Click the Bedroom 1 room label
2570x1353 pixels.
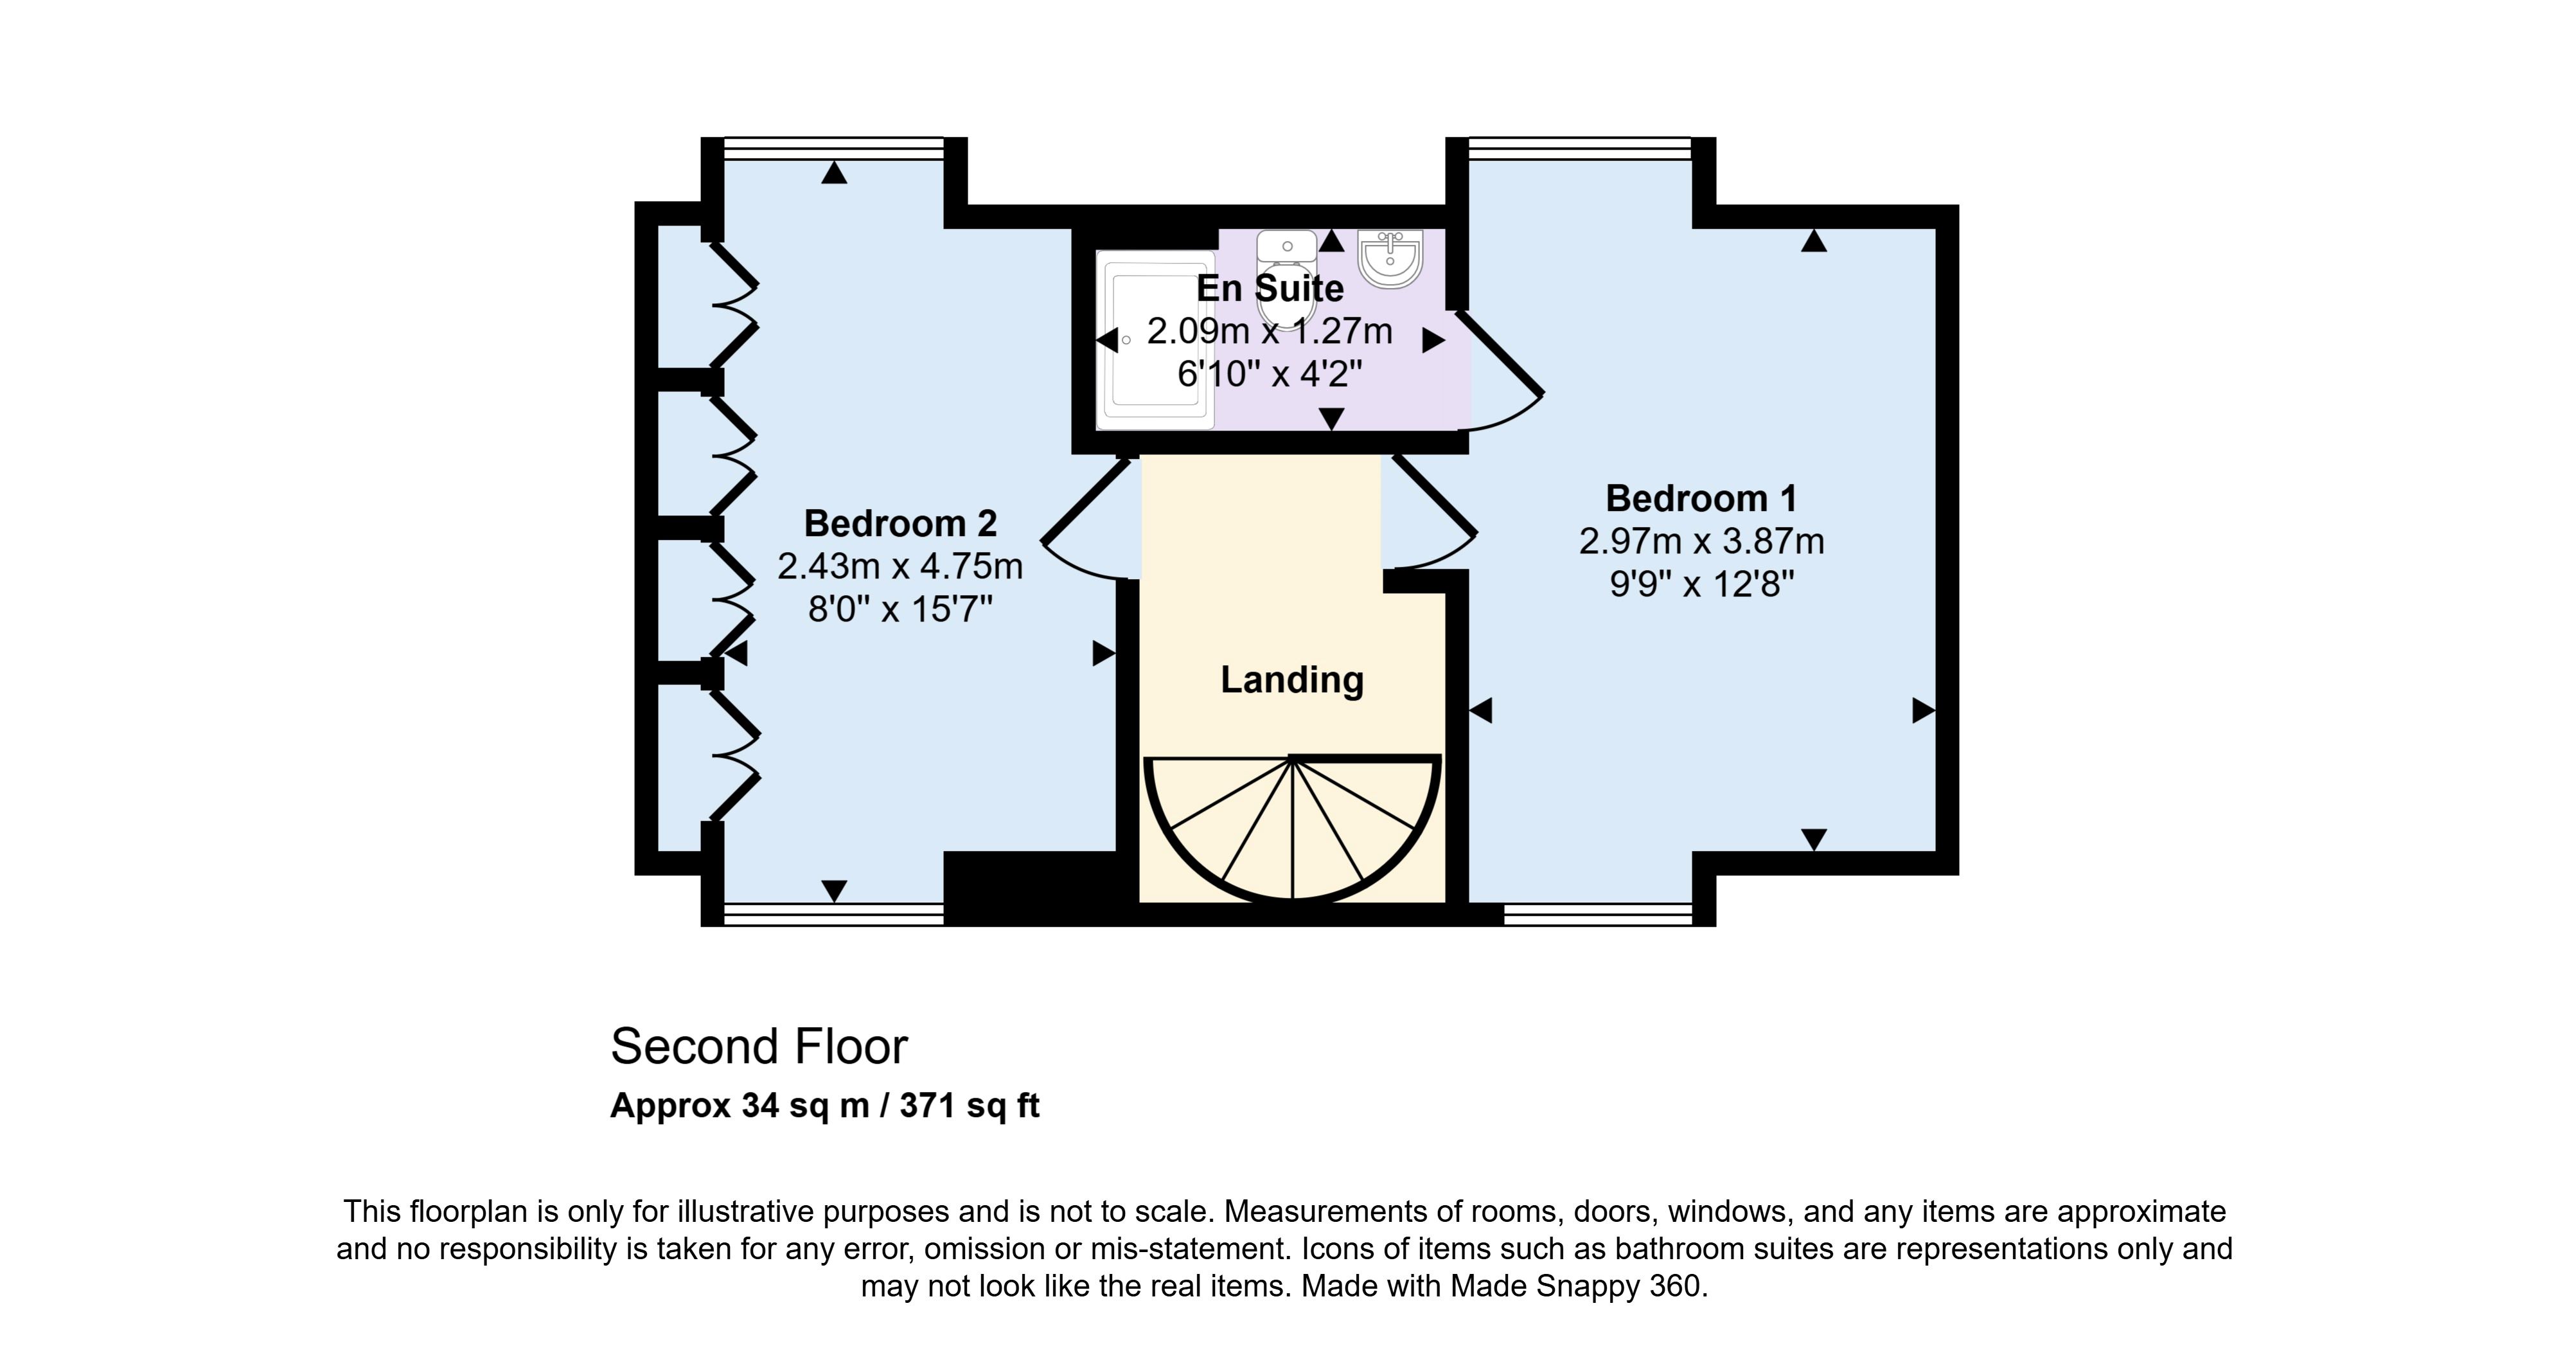point(1701,498)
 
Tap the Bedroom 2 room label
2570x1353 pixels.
point(900,523)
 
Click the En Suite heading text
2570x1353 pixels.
point(1270,289)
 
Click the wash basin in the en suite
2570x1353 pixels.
point(1390,258)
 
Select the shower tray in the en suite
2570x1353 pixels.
point(1155,340)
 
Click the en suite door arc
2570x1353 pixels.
point(1500,371)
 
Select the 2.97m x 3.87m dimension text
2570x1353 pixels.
point(1701,541)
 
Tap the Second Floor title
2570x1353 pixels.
point(759,1046)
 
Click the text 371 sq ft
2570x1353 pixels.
point(970,1106)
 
